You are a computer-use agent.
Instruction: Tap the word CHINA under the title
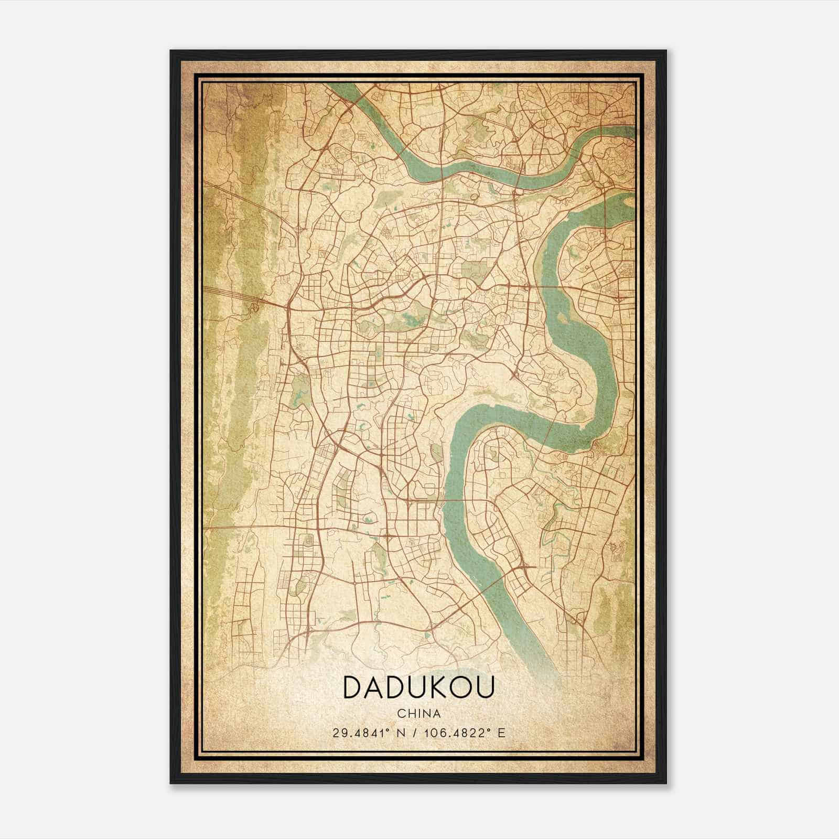click(x=419, y=714)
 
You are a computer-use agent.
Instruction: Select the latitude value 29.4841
click(x=359, y=733)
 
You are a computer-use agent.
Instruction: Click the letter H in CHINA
click(x=410, y=714)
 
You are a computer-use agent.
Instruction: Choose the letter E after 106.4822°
click(x=502, y=733)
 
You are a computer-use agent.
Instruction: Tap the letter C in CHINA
click(x=401, y=714)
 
